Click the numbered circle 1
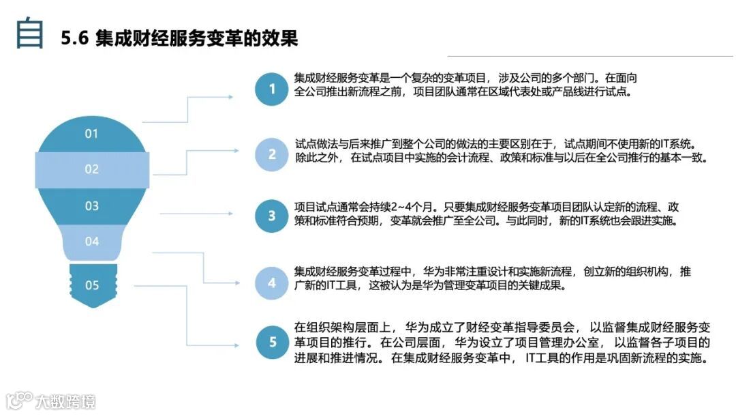(272, 89)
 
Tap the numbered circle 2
(272, 154)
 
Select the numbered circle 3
(272, 216)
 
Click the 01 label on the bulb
(92, 134)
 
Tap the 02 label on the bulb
(92, 169)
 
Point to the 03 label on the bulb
(92, 205)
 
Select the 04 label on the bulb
(92, 241)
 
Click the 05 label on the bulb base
(92, 285)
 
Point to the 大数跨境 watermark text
(65, 401)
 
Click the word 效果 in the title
(281, 38)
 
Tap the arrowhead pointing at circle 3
(236, 213)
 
